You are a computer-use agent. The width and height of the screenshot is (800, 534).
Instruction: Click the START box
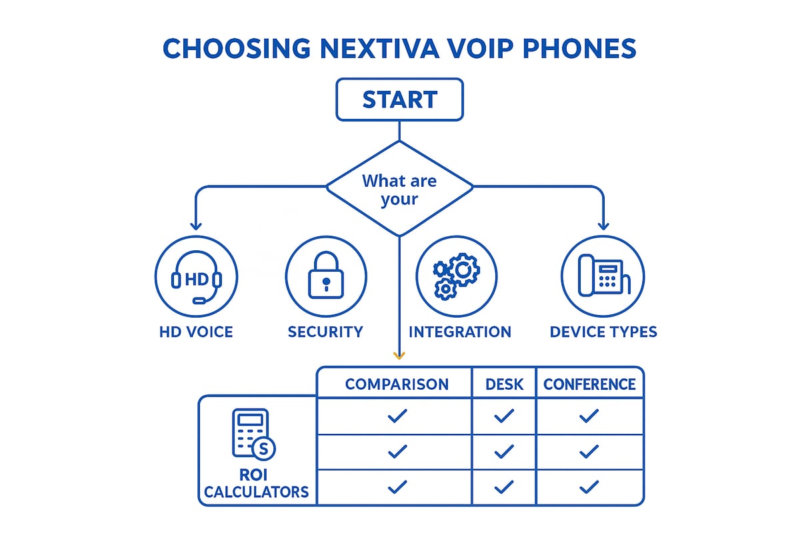(x=399, y=99)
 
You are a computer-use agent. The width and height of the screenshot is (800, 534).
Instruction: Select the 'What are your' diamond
(x=399, y=189)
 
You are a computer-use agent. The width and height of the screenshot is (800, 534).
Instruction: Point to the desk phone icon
(x=603, y=276)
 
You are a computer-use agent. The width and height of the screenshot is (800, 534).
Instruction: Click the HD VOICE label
(x=196, y=332)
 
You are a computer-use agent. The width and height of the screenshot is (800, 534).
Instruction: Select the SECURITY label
(x=325, y=332)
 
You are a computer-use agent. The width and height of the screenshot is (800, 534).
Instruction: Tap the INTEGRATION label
(x=460, y=332)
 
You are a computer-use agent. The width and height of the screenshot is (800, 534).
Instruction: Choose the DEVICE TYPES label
(x=603, y=332)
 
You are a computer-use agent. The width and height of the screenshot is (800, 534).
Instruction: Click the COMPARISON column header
(x=397, y=384)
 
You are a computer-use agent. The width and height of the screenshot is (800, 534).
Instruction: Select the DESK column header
(x=504, y=384)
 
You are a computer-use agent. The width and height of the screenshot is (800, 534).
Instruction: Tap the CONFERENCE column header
(x=589, y=384)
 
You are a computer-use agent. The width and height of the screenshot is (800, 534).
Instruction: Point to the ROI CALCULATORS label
(x=257, y=484)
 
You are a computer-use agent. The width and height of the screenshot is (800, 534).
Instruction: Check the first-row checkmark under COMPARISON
(x=397, y=417)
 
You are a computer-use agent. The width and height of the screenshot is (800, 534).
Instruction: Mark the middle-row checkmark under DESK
(x=504, y=452)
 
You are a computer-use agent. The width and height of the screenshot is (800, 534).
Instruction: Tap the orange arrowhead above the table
(x=399, y=356)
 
